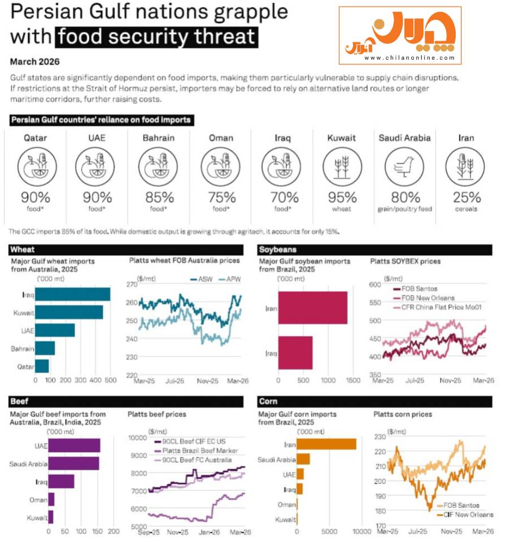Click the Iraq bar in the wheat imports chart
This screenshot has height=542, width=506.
pyautogui.click(x=73, y=295)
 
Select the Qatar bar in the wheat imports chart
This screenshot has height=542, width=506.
pyautogui.click(x=42, y=366)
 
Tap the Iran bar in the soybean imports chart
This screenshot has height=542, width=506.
pyautogui.click(x=313, y=308)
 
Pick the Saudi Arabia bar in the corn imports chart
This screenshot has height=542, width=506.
pyautogui.click(x=303, y=459)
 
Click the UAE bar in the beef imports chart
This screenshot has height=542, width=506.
pyautogui.click(x=74, y=445)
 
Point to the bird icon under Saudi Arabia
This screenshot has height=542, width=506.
pyautogui.click(x=404, y=167)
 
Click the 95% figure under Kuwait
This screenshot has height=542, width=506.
pyautogui.click(x=342, y=198)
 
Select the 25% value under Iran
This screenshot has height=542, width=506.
pyautogui.click(x=466, y=198)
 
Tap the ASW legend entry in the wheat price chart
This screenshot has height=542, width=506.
pyautogui.click(x=202, y=279)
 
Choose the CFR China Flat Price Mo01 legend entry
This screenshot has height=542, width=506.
pyautogui.click(x=438, y=307)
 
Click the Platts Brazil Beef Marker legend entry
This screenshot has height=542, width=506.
pyautogui.click(x=196, y=451)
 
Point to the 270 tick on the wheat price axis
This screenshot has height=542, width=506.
pyautogui.click(x=132, y=285)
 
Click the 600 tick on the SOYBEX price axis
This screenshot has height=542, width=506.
pyautogui.click(x=375, y=285)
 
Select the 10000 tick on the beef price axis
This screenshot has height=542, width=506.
pyautogui.click(x=138, y=438)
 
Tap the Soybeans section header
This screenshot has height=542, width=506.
pyautogui.click(x=278, y=250)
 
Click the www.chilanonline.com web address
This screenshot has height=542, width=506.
pyautogui.click(x=409, y=58)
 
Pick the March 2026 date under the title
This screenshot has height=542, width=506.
pyautogui.click(x=34, y=62)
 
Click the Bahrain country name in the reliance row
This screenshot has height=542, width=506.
pyautogui.click(x=158, y=138)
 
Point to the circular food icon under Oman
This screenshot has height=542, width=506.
pyautogui.click(x=220, y=167)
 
